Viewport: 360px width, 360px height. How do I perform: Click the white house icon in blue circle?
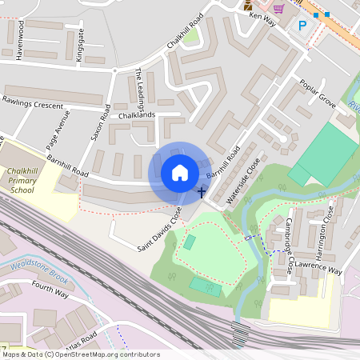tap(180, 172)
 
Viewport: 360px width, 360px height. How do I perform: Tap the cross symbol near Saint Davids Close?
tap(202, 192)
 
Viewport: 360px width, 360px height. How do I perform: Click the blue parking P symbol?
tap(302, 26)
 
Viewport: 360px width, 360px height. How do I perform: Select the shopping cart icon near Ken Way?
tap(278, 8)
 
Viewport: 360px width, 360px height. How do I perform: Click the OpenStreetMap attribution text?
tap(80, 354)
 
